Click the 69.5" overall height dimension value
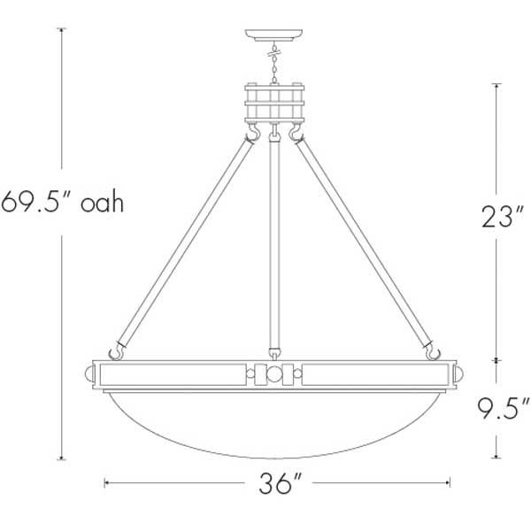35,202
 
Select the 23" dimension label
496,216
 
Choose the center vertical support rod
276,239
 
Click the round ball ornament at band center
275,374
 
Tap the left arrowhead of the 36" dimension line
107,483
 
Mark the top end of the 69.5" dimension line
61,29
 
